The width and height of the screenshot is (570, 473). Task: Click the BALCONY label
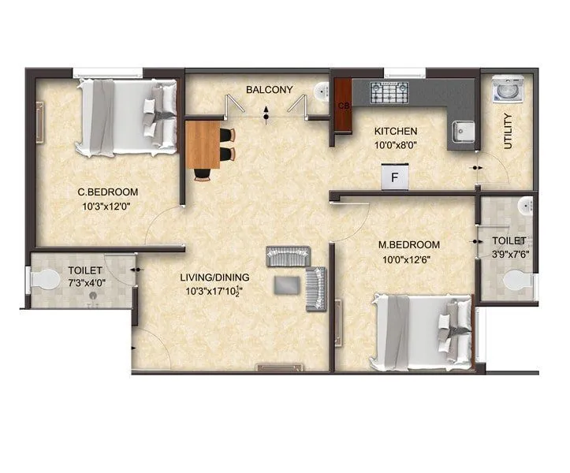[269, 90]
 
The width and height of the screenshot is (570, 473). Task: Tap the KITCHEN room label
[396, 131]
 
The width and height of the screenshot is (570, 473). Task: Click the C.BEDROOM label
[108, 192]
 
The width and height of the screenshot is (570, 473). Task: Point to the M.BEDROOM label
[409, 244]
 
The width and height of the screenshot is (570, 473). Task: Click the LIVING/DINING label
[214, 277]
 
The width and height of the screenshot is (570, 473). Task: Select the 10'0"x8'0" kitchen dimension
[396, 144]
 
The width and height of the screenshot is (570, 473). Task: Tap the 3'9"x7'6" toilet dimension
[509, 254]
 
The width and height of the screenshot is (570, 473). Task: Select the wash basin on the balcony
[321, 93]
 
